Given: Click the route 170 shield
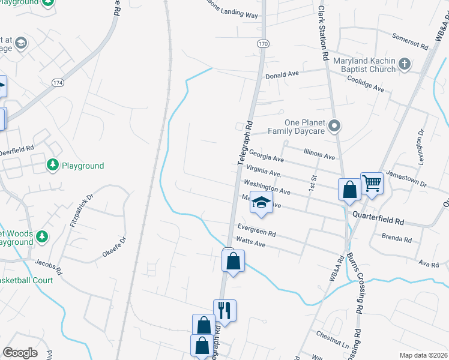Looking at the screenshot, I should tap(263, 44).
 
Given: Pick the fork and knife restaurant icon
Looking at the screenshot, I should tap(224, 310).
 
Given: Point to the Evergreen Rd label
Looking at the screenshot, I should tap(256, 230).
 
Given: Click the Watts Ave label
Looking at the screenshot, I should tap(251, 242).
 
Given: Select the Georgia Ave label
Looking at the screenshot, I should tap(266, 156).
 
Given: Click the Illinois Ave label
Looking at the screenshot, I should tap(319, 155).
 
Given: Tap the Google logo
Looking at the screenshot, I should tap(20, 353).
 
